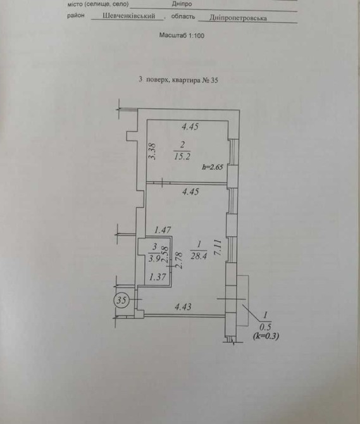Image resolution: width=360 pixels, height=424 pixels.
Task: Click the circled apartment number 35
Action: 121,300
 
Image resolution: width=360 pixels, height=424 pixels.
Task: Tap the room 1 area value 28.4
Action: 199,256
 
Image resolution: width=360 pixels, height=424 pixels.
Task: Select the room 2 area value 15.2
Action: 182,156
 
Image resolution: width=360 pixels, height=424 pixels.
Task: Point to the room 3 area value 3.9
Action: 154,258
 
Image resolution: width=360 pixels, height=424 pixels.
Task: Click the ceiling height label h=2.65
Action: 213,167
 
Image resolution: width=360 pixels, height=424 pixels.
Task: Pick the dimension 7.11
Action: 218,247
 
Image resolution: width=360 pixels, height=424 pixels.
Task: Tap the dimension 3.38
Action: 152,152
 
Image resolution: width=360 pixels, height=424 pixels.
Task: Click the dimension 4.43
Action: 183,307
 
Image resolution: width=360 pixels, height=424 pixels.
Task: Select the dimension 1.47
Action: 163,230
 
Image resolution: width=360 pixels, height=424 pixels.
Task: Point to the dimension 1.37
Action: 158,277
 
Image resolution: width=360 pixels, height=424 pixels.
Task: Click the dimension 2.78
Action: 178,260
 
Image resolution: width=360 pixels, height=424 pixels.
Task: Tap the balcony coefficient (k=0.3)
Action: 266,336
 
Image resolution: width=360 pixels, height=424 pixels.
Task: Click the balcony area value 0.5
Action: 265,327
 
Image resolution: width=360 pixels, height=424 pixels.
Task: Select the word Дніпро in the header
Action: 182,4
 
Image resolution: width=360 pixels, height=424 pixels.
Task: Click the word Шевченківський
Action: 128,16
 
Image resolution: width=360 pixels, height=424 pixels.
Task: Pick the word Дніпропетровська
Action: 238,18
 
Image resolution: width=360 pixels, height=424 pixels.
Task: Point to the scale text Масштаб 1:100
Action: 182,35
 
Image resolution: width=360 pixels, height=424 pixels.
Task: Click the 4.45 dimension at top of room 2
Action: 190,127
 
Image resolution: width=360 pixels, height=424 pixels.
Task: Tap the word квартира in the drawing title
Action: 186,80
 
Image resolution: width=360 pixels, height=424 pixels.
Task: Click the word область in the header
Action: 183,16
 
